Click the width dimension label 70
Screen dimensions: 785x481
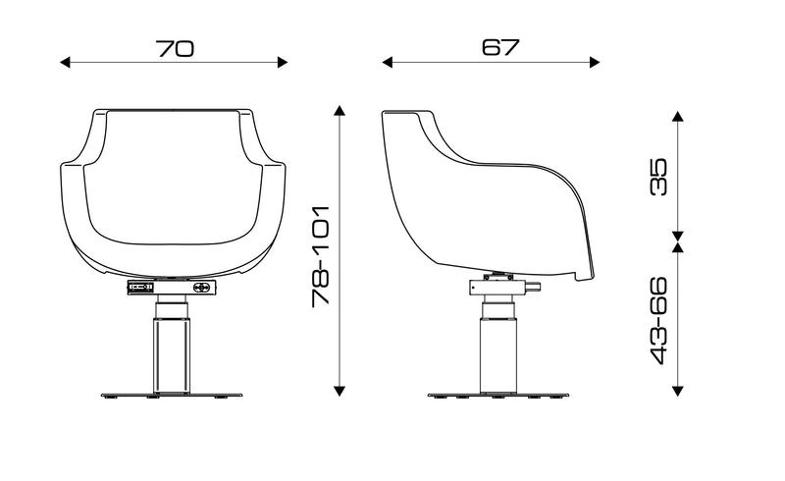click(x=175, y=49)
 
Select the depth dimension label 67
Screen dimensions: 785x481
click(x=500, y=47)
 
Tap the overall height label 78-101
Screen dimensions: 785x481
click(x=321, y=256)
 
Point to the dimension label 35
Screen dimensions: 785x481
click(x=658, y=177)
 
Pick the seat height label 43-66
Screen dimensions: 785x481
click(x=658, y=320)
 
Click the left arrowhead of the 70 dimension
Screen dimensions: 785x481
click(x=65, y=63)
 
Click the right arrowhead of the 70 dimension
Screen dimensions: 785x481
click(x=283, y=63)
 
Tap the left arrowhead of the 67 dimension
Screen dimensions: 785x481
click(x=387, y=63)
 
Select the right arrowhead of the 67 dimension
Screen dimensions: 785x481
click(x=595, y=63)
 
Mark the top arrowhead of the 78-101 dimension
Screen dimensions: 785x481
click(x=340, y=111)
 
